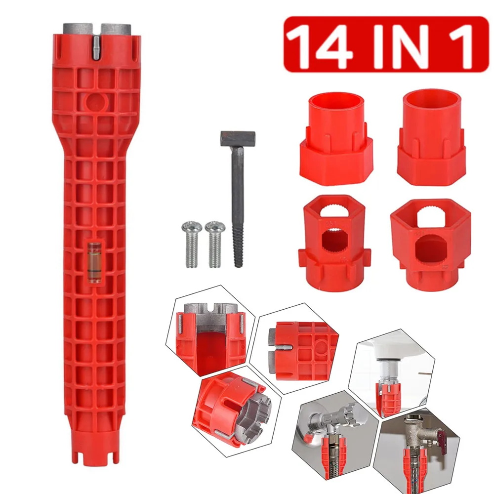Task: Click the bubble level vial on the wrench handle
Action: (x=94, y=262)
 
